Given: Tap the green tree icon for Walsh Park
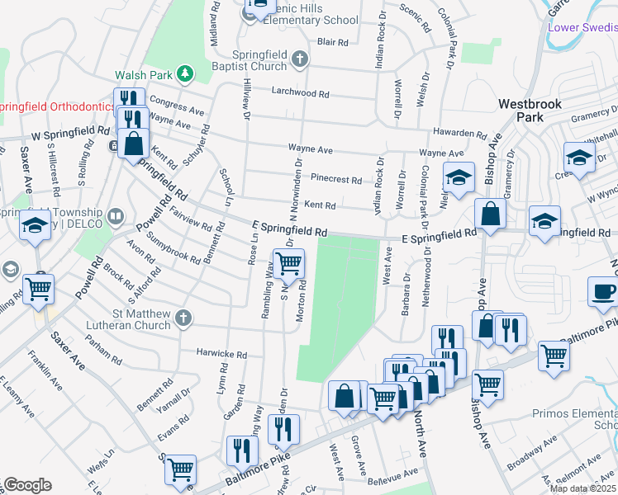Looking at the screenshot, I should (x=187, y=74).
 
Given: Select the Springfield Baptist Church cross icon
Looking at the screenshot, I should (x=300, y=59).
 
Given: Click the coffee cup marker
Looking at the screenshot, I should (x=602, y=291).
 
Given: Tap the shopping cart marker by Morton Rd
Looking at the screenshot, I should (x=288, y=264).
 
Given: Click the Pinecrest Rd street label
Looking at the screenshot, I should (x=336, y=179).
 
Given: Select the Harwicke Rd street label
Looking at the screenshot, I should (x=222, y=354).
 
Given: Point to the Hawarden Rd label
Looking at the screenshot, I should (x=461, y=133).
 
